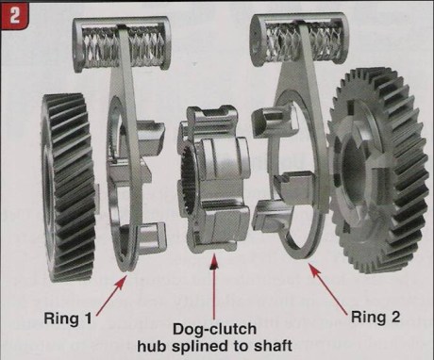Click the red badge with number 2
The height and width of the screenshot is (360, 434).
pos(14,14)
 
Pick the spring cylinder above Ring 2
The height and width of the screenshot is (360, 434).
pos(301,37)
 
